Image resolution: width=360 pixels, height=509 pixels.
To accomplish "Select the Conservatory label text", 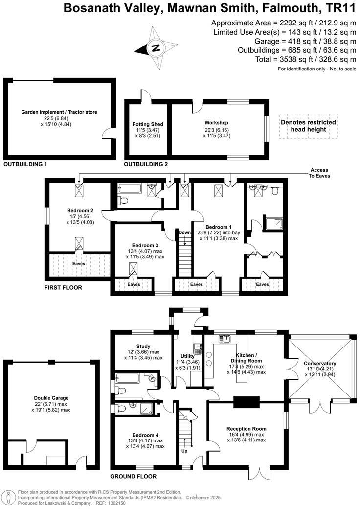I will (x=320, y=364).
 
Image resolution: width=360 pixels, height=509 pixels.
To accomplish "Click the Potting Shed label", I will (x=148, y=124).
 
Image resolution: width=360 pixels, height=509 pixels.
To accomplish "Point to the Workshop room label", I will (x=217, y=122).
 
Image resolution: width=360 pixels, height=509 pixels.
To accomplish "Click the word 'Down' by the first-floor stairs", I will (x=184, y=232).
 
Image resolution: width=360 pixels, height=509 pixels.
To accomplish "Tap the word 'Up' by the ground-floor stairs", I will (x=184, y=451).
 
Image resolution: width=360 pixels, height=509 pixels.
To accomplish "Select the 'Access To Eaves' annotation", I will (x=319, y=173).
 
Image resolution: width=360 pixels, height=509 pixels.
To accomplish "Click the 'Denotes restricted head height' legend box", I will (x=308, y=126).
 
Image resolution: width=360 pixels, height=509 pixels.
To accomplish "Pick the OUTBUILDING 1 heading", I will (x=25, y=164).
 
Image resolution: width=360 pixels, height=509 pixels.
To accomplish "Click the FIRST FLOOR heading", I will (x=63, y=288).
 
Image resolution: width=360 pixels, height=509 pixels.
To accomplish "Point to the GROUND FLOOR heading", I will (x=133, y=476).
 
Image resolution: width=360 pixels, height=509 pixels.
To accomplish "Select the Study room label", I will (x=143, y=346).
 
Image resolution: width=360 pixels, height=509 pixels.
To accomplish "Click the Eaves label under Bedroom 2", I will (x=78, y=263).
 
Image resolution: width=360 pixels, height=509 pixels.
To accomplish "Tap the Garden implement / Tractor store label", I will (x=59, y=112).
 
